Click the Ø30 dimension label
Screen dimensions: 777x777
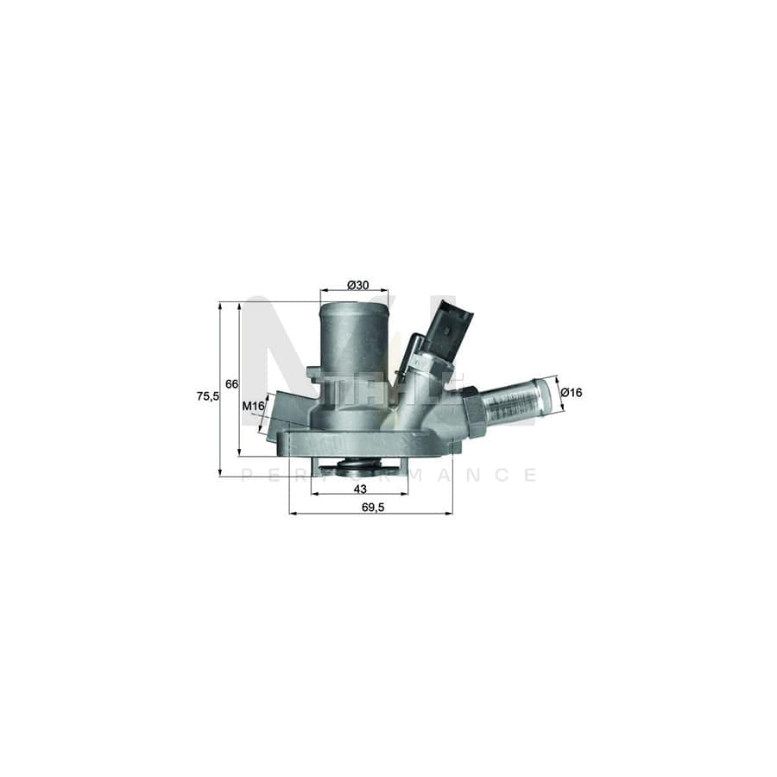pos(357,285)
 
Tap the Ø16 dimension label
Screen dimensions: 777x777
pos(572,393)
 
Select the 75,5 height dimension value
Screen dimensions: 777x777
pos(207,396)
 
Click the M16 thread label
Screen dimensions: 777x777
pos(252,406)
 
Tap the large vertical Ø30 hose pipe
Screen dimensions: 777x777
pos(354,345)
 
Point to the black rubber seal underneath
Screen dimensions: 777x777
pos(357,469)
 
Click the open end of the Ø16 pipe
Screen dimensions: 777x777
pos(545,400)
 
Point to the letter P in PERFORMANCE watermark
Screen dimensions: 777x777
pos(246,475)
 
